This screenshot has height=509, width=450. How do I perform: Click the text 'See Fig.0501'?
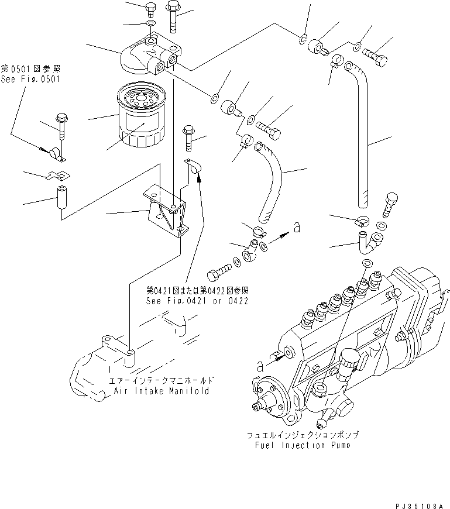[x=30, y=79]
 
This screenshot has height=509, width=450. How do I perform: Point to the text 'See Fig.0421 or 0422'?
[x=197, y=301]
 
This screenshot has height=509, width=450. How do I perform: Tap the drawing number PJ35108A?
[x=418, y=501]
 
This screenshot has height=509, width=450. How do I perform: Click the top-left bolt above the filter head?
[x=149, y=10]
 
